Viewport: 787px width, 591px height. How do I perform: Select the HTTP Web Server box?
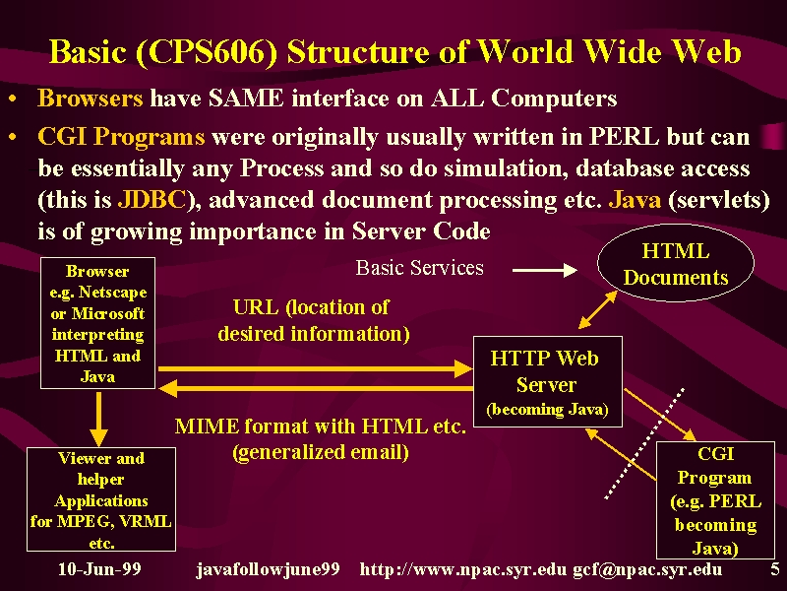548,382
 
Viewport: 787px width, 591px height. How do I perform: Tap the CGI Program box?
715,500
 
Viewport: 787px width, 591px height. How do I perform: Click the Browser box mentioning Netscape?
97,323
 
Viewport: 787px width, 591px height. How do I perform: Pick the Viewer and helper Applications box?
101,499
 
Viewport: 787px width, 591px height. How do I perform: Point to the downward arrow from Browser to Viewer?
98,419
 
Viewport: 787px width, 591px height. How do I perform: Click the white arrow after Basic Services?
545,270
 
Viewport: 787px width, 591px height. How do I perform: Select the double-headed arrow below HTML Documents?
598,309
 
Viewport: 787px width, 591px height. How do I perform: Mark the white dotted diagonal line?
644,443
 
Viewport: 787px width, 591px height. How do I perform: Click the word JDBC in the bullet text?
152,200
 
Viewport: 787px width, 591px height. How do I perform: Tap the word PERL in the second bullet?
624,137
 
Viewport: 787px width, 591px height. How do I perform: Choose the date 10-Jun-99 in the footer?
99,569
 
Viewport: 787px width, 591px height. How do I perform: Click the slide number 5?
775,569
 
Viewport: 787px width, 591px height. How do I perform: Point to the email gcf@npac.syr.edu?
647,570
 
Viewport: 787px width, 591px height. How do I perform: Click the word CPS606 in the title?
207,52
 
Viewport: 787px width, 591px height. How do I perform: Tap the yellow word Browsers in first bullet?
91,98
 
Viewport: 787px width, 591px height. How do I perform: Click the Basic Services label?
420,268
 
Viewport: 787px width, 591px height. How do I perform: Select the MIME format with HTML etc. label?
321,427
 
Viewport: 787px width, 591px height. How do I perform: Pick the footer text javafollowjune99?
268,570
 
